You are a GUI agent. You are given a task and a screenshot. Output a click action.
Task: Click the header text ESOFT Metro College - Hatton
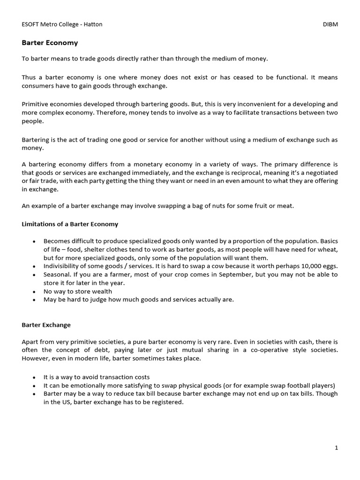point(62,24)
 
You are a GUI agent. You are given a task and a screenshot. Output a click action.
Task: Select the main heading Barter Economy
point(50,43)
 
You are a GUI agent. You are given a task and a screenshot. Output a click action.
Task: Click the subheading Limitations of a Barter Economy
point(70,224)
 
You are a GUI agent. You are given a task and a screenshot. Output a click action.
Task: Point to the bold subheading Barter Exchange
point(46,324)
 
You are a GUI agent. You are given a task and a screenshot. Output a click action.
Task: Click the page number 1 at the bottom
point(336,448)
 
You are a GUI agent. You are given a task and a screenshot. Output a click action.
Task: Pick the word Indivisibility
point(64,266)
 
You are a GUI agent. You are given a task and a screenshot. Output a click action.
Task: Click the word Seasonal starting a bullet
point(58,274)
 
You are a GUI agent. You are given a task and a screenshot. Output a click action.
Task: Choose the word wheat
point(328,249)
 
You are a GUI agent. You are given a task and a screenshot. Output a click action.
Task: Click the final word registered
point(168,402)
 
